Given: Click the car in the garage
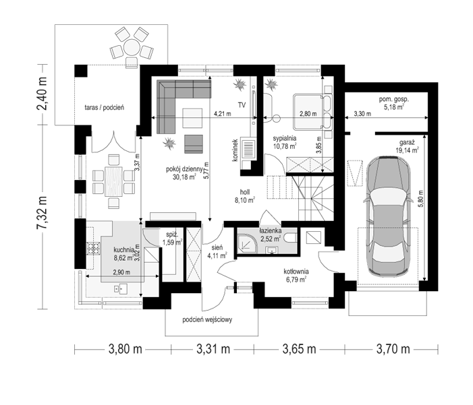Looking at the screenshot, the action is click(387, 216).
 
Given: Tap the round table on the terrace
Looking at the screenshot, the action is click(131, 47).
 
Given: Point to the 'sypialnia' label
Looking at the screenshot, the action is click(285, 138).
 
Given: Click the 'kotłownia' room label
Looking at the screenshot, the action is click(296, 271).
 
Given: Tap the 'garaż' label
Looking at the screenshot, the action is click(408, 143).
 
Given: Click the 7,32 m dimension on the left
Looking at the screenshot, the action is click(42, 212).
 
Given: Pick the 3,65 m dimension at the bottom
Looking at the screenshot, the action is click(299, 349).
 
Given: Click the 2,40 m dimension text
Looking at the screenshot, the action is click(42, 94).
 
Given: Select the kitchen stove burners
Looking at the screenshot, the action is click(94, 249).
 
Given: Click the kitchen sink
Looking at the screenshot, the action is click(121, 288).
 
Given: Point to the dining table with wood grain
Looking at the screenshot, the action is click(113, 181).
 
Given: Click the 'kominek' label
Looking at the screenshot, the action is click(235, 150).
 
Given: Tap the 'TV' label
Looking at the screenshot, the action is click(242, 105).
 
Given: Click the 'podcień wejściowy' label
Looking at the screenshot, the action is click(207, 319).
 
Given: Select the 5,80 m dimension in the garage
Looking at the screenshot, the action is click(421, 198).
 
